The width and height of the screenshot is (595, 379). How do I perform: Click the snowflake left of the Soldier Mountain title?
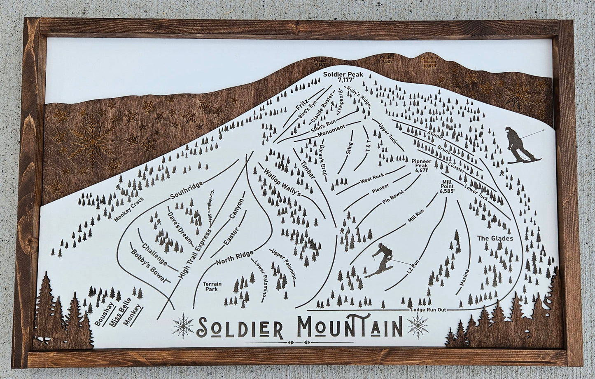tap(183, 326)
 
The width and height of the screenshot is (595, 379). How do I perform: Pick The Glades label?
tap(495, 238)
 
